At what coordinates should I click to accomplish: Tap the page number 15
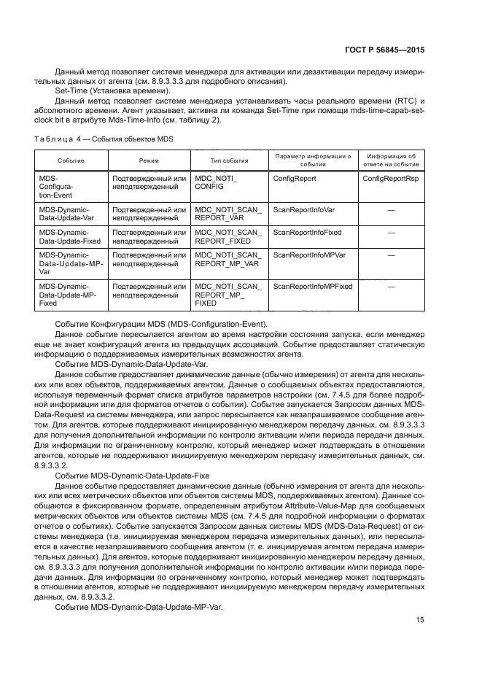click(x=420, y=620)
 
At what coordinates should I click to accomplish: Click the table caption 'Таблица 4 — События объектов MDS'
click(x=103, y=139)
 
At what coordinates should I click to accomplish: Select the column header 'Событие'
click(x=71, y=160)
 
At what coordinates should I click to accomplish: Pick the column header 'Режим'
click(x=149, y=160)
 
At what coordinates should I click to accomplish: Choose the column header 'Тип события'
click(x=229, y=160)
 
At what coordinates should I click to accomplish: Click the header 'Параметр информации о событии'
click(x=313, y=160)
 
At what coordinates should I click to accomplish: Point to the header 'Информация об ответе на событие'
click(x=391, y=160)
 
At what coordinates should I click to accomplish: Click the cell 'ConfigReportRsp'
click(x=391, y=178)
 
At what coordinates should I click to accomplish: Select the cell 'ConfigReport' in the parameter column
click(x=295, y=178)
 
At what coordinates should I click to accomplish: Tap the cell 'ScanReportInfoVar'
click(x=303, y=209)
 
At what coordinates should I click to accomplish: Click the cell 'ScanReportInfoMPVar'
click(x=309, y=255)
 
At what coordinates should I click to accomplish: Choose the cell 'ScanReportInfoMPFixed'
click(x=312, y=286)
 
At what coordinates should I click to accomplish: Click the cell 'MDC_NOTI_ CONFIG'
click(x=217, y=182)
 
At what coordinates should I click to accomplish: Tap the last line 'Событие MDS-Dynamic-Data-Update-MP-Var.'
click(x=139, y=607)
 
